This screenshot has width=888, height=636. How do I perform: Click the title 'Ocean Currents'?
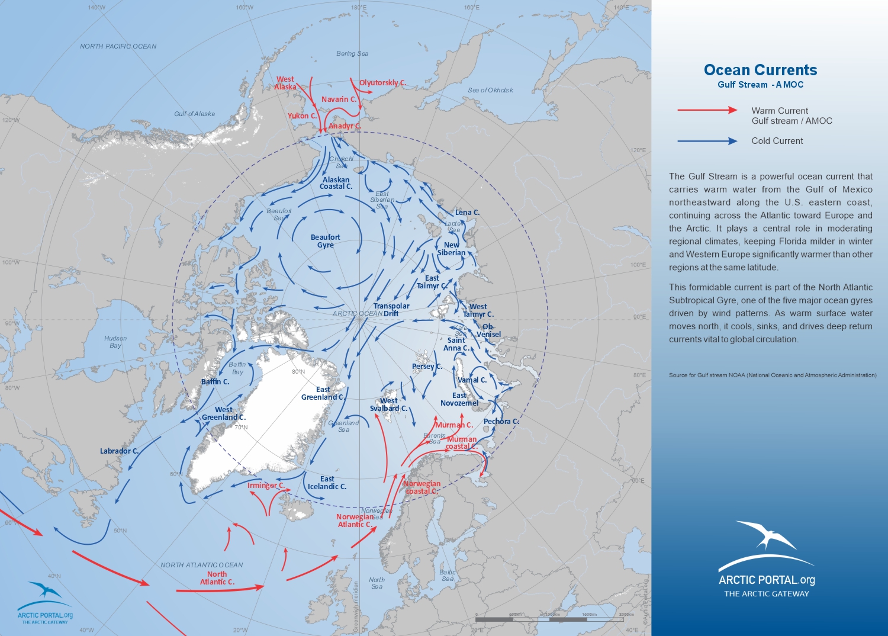coord(760,70)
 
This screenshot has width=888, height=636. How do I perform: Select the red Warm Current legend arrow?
coord(707,110)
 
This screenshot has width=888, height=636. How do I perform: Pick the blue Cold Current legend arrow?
coord(707,141)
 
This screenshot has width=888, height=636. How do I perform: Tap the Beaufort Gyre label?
coord(325,241)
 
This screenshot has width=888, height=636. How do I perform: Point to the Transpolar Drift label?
coord(391,310)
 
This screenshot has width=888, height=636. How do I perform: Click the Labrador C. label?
coord(119,451)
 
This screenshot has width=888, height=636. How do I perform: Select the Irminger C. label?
coord(266,485)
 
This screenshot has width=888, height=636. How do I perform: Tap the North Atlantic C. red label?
coord(217,578)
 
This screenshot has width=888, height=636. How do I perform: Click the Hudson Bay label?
coord(115,342)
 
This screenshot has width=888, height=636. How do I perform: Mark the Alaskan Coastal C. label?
coord(336,183)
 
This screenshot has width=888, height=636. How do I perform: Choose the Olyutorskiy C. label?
coord(382,82)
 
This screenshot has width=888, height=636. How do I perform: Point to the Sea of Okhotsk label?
coord(490,90)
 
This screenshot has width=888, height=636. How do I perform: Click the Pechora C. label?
coord(501,421)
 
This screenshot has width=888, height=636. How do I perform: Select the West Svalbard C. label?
coord(388,404)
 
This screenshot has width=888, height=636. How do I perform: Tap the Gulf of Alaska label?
coord(194,114)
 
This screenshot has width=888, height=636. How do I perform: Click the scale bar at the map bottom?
coord(554,619)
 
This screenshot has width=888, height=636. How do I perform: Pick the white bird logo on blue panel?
coord(766,536)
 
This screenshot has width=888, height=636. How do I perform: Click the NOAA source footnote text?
coord(773,375)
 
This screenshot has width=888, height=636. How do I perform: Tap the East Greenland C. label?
coord(323,393)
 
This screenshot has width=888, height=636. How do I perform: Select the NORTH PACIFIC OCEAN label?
coord(118,46)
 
